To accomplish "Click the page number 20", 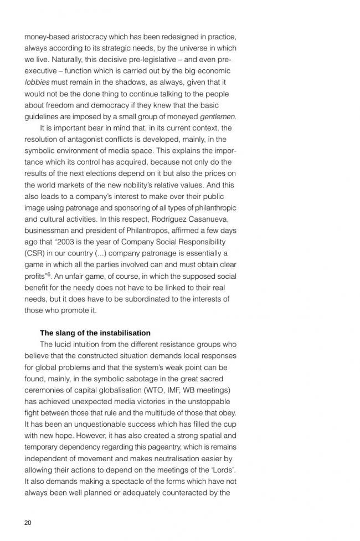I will point(28,522).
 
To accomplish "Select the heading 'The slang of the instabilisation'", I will point(95,333).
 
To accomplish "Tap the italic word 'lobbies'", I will point(37,83).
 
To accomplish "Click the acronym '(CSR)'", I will point(34,253).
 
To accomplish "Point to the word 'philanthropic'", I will point(217,208).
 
